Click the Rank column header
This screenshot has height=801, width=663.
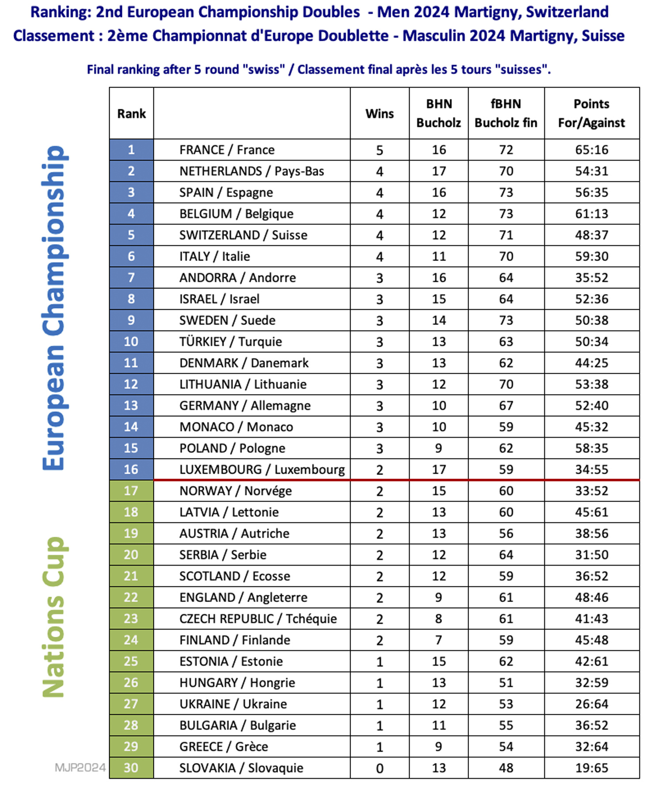pos(131,114)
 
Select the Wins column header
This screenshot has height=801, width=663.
pos(379,114)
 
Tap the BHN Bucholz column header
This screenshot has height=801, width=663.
pos(438,113)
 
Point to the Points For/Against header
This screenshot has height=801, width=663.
pos(591,113)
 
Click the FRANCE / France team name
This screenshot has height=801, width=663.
pos(227,150)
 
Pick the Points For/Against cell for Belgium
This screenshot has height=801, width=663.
pos(591,214)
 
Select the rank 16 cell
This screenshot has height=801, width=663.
pos(131,469)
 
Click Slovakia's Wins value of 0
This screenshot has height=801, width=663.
pos(379,768)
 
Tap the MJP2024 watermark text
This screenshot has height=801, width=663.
pos(80,767)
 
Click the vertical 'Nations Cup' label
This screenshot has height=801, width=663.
pos(54,617)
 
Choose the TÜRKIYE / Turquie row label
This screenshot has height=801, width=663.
pos(230,341)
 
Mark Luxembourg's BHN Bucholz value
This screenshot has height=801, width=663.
pos(438,469)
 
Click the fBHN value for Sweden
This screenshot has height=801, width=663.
pos(506,320)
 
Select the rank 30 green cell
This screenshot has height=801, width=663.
pos(131,768)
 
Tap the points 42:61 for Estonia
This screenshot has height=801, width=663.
pos(591,661)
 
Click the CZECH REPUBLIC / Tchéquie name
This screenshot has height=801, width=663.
pos(258,619)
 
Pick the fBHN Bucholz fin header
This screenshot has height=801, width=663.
pos(506,113)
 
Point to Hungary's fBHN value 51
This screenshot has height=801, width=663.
pos(506,682)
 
